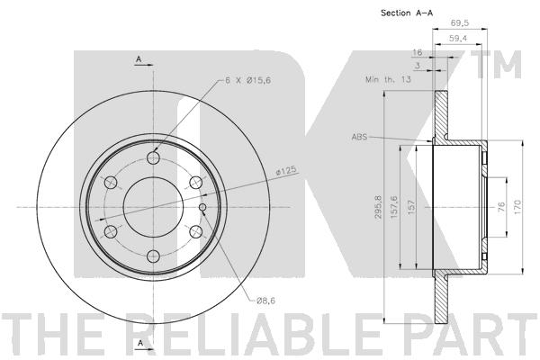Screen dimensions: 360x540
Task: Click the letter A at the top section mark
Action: (x=139, y=59)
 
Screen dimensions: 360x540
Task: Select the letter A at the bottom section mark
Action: (x=139, y=344)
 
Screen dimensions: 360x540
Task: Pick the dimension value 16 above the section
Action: (x=417, y=54)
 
